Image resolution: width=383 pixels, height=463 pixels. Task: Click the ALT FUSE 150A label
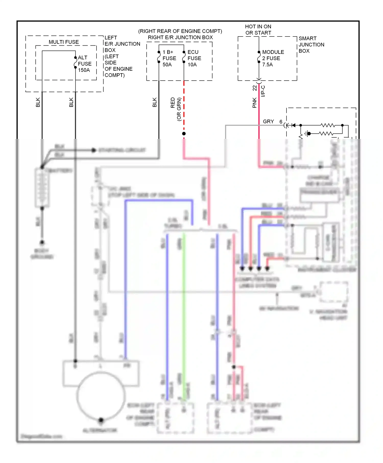(85, 64)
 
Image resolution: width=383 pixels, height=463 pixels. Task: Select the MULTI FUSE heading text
(64, 42)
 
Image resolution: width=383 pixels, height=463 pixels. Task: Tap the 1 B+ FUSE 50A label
(169, 58)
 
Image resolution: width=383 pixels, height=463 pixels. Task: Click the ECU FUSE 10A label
(194, 58)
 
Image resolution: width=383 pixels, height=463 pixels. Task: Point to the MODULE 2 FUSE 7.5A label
(273, 58)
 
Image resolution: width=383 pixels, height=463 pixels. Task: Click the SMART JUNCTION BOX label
(311, 45)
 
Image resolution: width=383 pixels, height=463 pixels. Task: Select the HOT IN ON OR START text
(258, 30)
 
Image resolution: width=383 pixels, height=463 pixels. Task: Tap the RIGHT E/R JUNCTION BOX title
(180, 37)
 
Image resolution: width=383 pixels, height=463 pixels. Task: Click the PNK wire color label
(255, 103)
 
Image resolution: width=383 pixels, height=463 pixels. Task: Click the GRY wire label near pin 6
(268, 121)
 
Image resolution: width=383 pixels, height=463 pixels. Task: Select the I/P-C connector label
(263, 91)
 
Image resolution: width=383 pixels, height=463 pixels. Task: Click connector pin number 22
(255, 88)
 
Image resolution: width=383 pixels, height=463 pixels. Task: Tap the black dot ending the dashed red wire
(184, 133)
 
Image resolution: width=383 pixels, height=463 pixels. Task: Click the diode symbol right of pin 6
(293, 125)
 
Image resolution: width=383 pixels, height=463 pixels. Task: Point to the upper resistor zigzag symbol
(328, 125)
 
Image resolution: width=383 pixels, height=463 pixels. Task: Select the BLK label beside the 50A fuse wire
(154, 102)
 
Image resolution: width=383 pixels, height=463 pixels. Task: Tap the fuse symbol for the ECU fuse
(184, 57)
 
